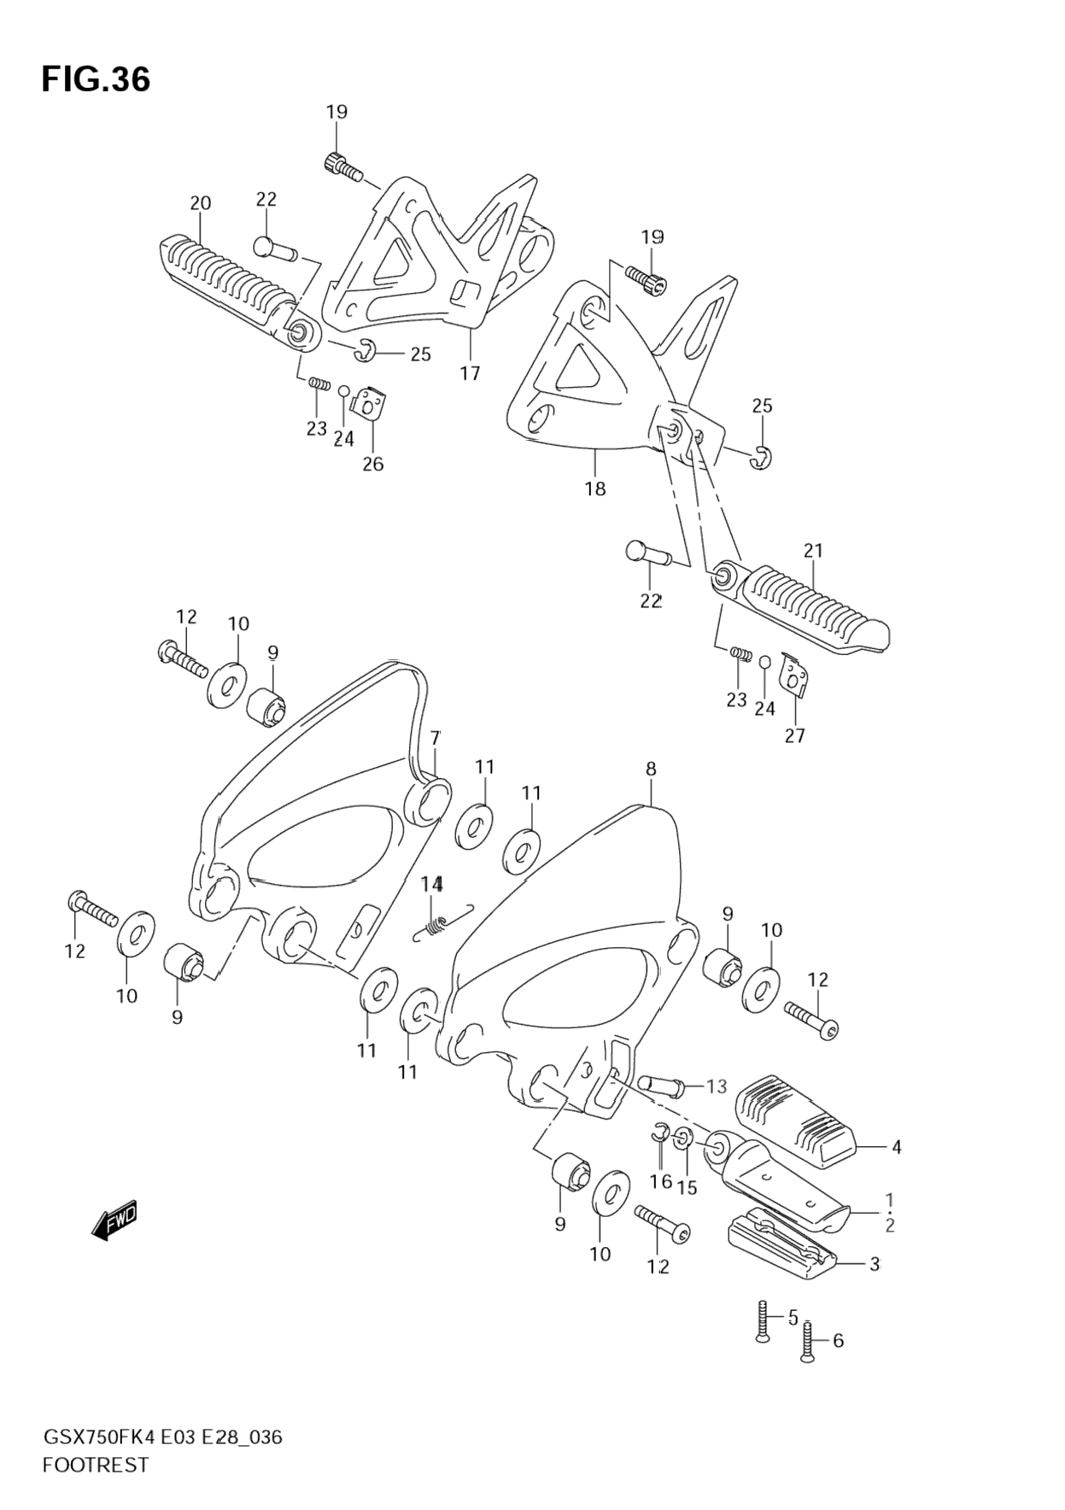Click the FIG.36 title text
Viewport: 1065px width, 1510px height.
(96, 79)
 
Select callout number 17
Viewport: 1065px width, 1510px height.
(470, 373)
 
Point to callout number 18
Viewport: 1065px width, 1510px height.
(595, 489)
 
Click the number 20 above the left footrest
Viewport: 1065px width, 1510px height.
(200, 203)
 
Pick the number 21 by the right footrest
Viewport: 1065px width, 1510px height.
(813, 551)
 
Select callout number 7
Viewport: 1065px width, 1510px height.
(435, 738)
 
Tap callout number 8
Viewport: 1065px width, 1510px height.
(651, 769)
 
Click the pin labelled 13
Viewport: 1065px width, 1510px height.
(660, 1086)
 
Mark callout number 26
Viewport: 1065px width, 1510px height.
(373, 464)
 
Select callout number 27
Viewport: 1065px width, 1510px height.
(794, 735)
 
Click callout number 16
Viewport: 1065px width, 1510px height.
(660, 1181)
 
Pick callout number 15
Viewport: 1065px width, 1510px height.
(687, 1187)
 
